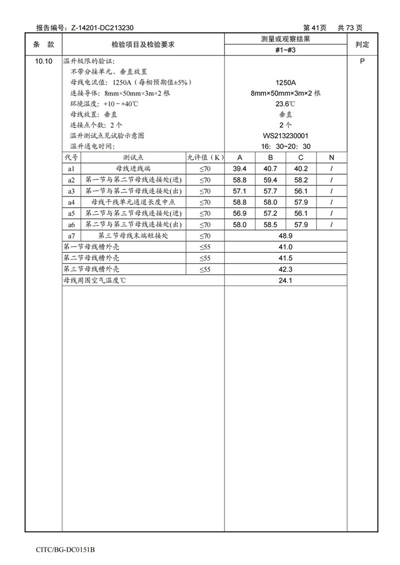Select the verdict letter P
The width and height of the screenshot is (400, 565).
362,61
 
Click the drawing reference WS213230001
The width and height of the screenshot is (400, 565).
285,135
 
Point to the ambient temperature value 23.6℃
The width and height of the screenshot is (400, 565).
285,104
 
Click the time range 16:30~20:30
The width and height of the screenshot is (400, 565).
285,146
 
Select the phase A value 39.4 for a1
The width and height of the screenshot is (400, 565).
240,169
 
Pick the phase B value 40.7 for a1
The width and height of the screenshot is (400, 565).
270,169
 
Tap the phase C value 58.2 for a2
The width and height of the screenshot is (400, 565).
301,180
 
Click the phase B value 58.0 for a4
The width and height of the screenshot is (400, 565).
270,202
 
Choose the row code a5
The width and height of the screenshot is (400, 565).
71,213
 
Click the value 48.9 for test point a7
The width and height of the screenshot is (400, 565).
285,236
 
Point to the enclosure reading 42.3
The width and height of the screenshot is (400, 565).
285,270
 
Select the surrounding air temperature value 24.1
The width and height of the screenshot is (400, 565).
285,281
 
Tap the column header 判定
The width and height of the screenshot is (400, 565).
362,44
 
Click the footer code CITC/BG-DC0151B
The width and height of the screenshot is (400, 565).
65,550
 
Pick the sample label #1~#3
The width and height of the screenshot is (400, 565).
285,50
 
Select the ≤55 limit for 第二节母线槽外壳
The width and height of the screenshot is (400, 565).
205,258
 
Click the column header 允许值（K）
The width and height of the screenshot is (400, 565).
205,158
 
